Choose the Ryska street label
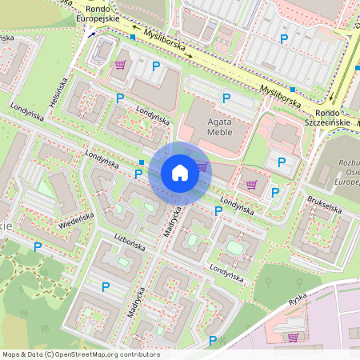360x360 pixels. (296, 302)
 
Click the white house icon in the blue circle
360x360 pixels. (180, 172)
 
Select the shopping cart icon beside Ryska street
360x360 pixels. (292, 337)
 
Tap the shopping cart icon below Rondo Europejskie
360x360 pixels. (120, 65)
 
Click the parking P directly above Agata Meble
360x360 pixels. (226, 98)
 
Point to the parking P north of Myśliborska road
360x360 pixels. (282, 38)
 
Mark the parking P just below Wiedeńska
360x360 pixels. (37, 247)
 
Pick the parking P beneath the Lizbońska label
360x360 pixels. (105, 286)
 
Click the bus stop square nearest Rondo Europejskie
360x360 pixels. (133, 37)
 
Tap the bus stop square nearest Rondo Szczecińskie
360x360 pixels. (294, 90)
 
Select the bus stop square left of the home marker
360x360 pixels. (141, 162)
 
